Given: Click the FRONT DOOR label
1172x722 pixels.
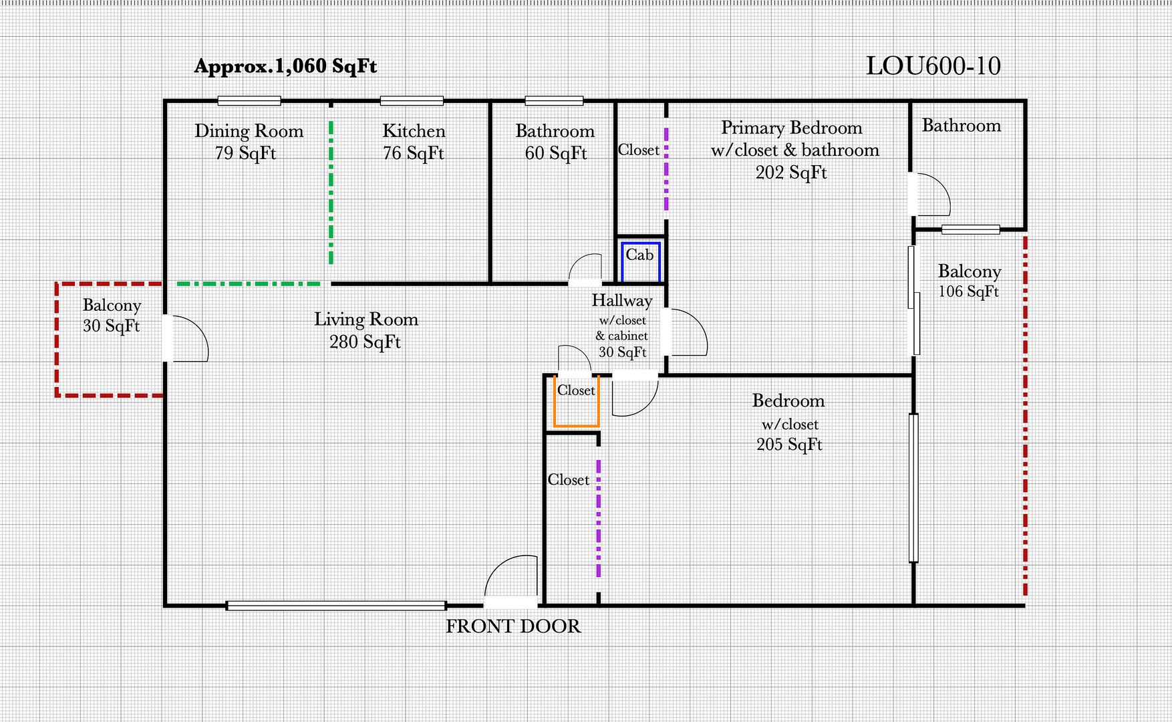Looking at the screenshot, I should point(512,626).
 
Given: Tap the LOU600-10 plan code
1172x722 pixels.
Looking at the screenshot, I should point(933,66).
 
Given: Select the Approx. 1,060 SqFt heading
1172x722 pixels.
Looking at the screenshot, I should point(285,66).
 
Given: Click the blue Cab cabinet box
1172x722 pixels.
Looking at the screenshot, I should point(640,260).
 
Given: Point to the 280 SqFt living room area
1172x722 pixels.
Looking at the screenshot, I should point(365,342).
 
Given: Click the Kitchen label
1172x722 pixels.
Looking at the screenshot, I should point(414,131).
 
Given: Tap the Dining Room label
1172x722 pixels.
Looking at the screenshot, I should point(249,131).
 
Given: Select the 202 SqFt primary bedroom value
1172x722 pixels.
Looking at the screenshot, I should point(791,172).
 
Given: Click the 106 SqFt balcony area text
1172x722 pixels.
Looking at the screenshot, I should point(968,291).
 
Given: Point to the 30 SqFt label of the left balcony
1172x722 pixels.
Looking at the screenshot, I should point(111,326).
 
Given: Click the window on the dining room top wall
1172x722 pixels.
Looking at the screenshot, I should point(249,101).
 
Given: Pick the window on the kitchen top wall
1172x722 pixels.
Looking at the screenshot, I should point(412,101).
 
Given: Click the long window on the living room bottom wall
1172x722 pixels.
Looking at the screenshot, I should point(336,606).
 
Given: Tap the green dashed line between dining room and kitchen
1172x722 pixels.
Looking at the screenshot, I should point(331,194).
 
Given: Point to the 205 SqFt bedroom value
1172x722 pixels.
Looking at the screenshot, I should point(789,445).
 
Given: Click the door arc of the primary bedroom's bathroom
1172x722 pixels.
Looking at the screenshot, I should point(933,195).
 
